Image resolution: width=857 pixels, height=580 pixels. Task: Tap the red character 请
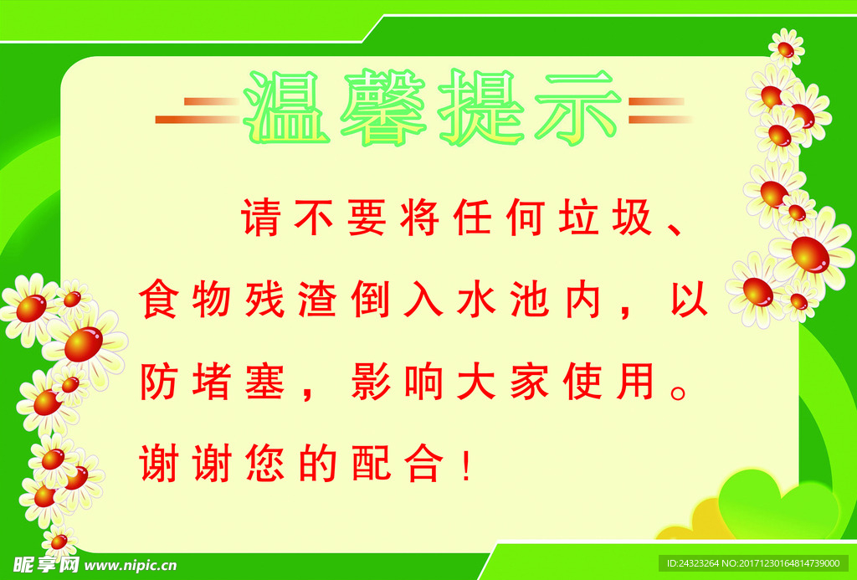click(x=259, y=218)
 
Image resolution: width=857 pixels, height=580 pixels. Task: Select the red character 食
click(x=157, y=300)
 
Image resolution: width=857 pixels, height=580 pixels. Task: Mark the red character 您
click(x=263, y=463)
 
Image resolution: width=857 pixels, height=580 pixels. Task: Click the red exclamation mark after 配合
click(x=467, y=465)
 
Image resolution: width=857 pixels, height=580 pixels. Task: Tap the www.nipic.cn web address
click(x=130, y=564)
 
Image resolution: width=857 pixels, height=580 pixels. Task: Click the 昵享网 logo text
click(x=47, y=564)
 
